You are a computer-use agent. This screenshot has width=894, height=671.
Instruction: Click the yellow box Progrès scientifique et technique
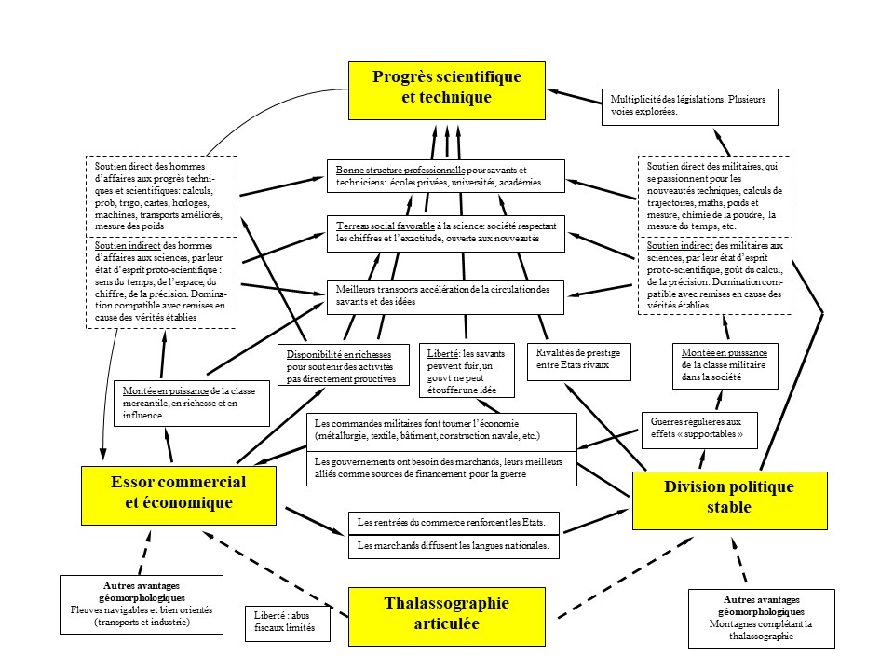(446, 89)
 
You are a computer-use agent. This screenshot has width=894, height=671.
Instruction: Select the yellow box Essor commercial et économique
(179, 493)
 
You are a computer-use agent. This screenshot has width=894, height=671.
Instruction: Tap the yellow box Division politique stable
(728, 500)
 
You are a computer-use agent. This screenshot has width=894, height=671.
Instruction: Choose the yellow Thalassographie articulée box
(446, 616)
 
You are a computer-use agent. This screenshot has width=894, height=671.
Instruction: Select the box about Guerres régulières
(699, 429)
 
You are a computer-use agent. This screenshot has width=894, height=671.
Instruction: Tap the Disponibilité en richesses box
(345, 366)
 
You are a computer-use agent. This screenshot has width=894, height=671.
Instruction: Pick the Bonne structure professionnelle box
(445, 176)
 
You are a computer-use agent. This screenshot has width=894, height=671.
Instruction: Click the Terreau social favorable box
(445, 233)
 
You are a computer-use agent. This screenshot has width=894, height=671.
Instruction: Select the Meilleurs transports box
(445, 295)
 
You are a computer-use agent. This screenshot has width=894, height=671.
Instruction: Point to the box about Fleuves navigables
(142, 604)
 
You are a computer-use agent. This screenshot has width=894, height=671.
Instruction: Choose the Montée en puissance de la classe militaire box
(725, 365)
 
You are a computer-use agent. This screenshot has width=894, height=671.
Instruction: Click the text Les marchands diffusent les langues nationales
(454, 546)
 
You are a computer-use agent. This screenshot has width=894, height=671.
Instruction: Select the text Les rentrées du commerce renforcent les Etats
(454, 521)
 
